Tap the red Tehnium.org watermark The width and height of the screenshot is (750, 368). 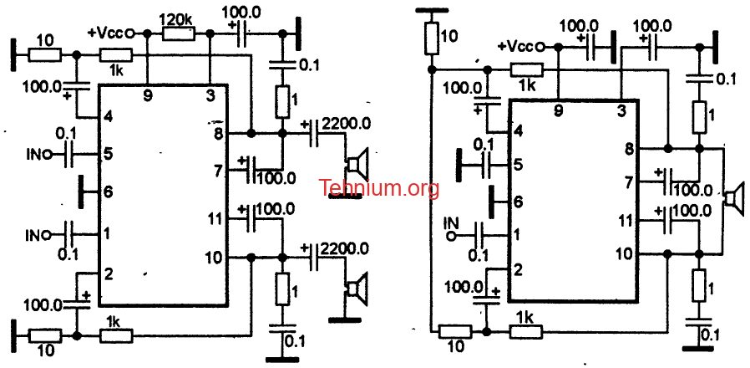[x=379, y=188]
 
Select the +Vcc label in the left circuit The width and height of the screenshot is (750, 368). [x=106, y=33]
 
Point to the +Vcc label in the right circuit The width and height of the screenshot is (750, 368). [x=515, y=47]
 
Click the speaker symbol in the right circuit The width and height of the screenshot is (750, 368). [x=735, y=197]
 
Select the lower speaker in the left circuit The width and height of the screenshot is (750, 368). [x=357, y=289]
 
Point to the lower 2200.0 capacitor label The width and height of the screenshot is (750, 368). [x=345, y=248]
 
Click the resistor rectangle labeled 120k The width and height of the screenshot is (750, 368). [x=179, y=33]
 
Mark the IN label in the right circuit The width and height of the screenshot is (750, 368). [x=451, y=222]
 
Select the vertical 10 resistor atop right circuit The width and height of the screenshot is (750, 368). [x=432, y=38]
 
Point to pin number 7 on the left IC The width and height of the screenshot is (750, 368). [x=219, y=170]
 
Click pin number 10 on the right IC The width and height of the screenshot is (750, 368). [x=626, y=253]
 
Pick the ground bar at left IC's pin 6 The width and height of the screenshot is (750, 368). [x=81, y=192]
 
